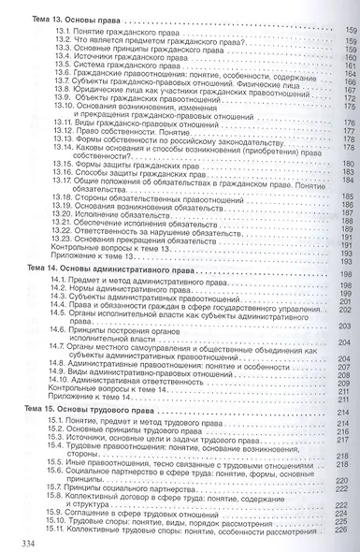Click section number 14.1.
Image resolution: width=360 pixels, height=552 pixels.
click(63, 279)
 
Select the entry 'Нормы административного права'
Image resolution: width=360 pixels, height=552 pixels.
click(132, 287)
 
